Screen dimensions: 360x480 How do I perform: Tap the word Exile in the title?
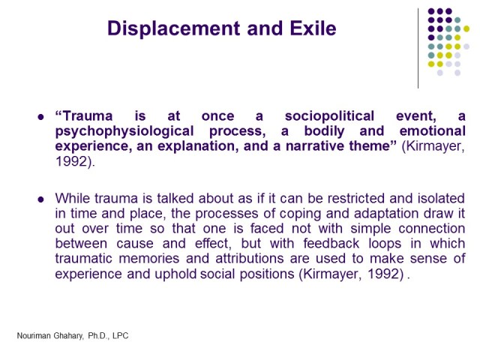(310, 29)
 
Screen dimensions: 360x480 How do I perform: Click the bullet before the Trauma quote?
(40, 117)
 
